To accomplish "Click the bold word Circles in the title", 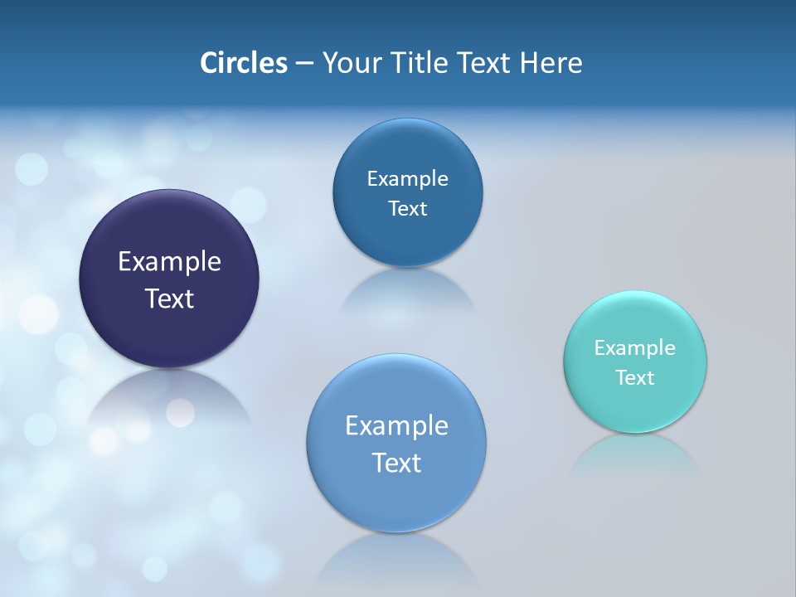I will coord(243,63).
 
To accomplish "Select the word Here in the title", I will coord(551,63).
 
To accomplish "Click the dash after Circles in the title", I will coord(304,64).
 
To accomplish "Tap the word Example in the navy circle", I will coord(169,262).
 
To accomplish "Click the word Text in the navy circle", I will coord(169,298).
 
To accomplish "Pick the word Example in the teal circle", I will coord(635,347).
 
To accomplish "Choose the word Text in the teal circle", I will coord(635,377).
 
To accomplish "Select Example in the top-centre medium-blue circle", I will coord(407,178).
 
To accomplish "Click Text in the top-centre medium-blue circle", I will coord(407,208).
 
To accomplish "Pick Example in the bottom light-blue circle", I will coord(396,425).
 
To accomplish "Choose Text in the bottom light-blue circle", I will coord(396,462).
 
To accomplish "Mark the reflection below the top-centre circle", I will coord(407,290).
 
